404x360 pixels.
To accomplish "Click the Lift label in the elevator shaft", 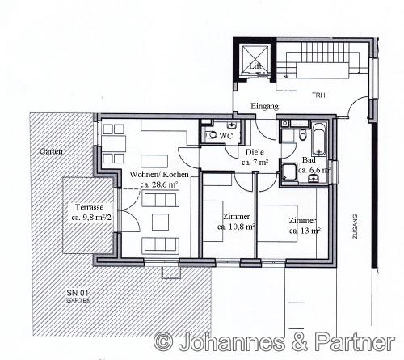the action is [255, 66].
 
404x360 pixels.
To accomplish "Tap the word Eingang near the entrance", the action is [264, 106].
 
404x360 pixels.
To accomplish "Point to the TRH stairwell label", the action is [318, 95].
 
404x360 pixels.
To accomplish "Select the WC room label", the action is [225, 136].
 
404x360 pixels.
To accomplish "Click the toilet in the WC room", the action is [212, 134].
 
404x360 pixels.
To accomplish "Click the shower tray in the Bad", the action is [288, 172].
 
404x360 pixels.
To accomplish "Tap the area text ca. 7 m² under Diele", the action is [255, 163].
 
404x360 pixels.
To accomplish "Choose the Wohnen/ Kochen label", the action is [159, 175].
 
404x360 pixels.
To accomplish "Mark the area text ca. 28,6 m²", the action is [159, 184].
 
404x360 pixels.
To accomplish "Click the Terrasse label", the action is [89, 207].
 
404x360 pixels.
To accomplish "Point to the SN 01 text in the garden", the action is [78, 293].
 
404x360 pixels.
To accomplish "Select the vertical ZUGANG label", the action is [355, 227].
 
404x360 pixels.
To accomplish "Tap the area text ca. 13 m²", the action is [305, 231].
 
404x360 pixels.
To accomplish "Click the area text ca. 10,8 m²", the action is [236, 227].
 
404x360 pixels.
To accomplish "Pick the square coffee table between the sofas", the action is [160, 222].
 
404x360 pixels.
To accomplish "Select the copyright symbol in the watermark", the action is [163, 342].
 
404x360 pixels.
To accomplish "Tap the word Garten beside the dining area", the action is [51, 151].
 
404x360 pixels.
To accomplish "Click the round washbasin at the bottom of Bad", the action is [313, 178].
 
